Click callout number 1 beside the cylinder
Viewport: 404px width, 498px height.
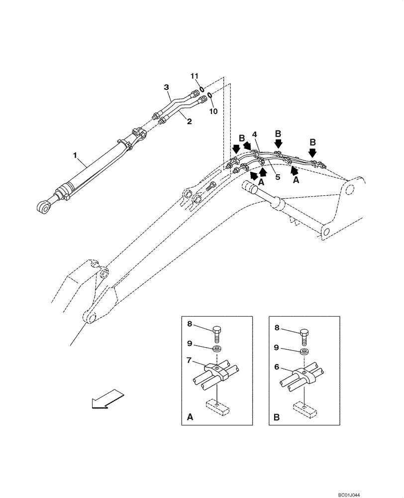76,156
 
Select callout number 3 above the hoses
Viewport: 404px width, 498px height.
167,88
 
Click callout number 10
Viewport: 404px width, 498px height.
213,111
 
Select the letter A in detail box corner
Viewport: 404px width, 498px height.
190,419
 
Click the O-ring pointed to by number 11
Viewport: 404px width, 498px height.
201,89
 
